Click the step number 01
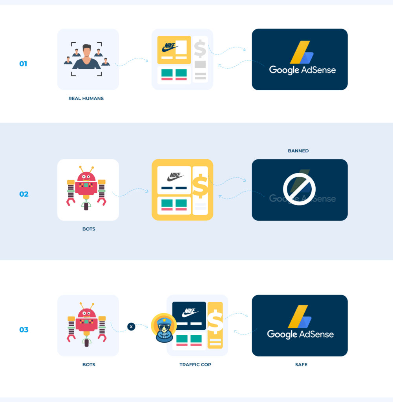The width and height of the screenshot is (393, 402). click(x=23, y=64)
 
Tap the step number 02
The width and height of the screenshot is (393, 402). click(x=24, y=194)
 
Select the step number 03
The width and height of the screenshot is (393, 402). click(x=24, y=330)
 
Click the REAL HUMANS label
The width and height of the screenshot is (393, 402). click(x=86, y=99)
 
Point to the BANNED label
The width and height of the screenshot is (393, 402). click(x=298, y=151)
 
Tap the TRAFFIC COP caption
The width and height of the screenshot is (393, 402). click(x=196, y=365)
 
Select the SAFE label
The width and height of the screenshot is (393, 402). click(x=301, y=365)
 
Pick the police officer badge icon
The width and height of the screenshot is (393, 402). click(x=164, y=328)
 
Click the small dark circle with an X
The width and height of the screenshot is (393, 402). click(x=131, y=326)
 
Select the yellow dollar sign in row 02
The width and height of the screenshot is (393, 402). click(x=200, y=186)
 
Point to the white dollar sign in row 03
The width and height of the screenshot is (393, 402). click(x=215, y=322)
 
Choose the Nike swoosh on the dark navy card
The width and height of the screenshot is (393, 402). click(x=190, y=312)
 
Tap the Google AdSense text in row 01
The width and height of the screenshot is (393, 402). click(x=302, y=70)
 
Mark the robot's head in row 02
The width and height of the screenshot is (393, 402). click(x=86, y=178)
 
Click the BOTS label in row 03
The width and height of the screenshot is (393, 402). click(x=89, y=365)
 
